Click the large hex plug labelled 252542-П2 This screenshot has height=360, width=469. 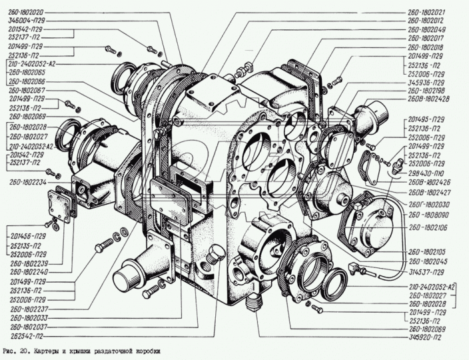pos(215,254)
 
